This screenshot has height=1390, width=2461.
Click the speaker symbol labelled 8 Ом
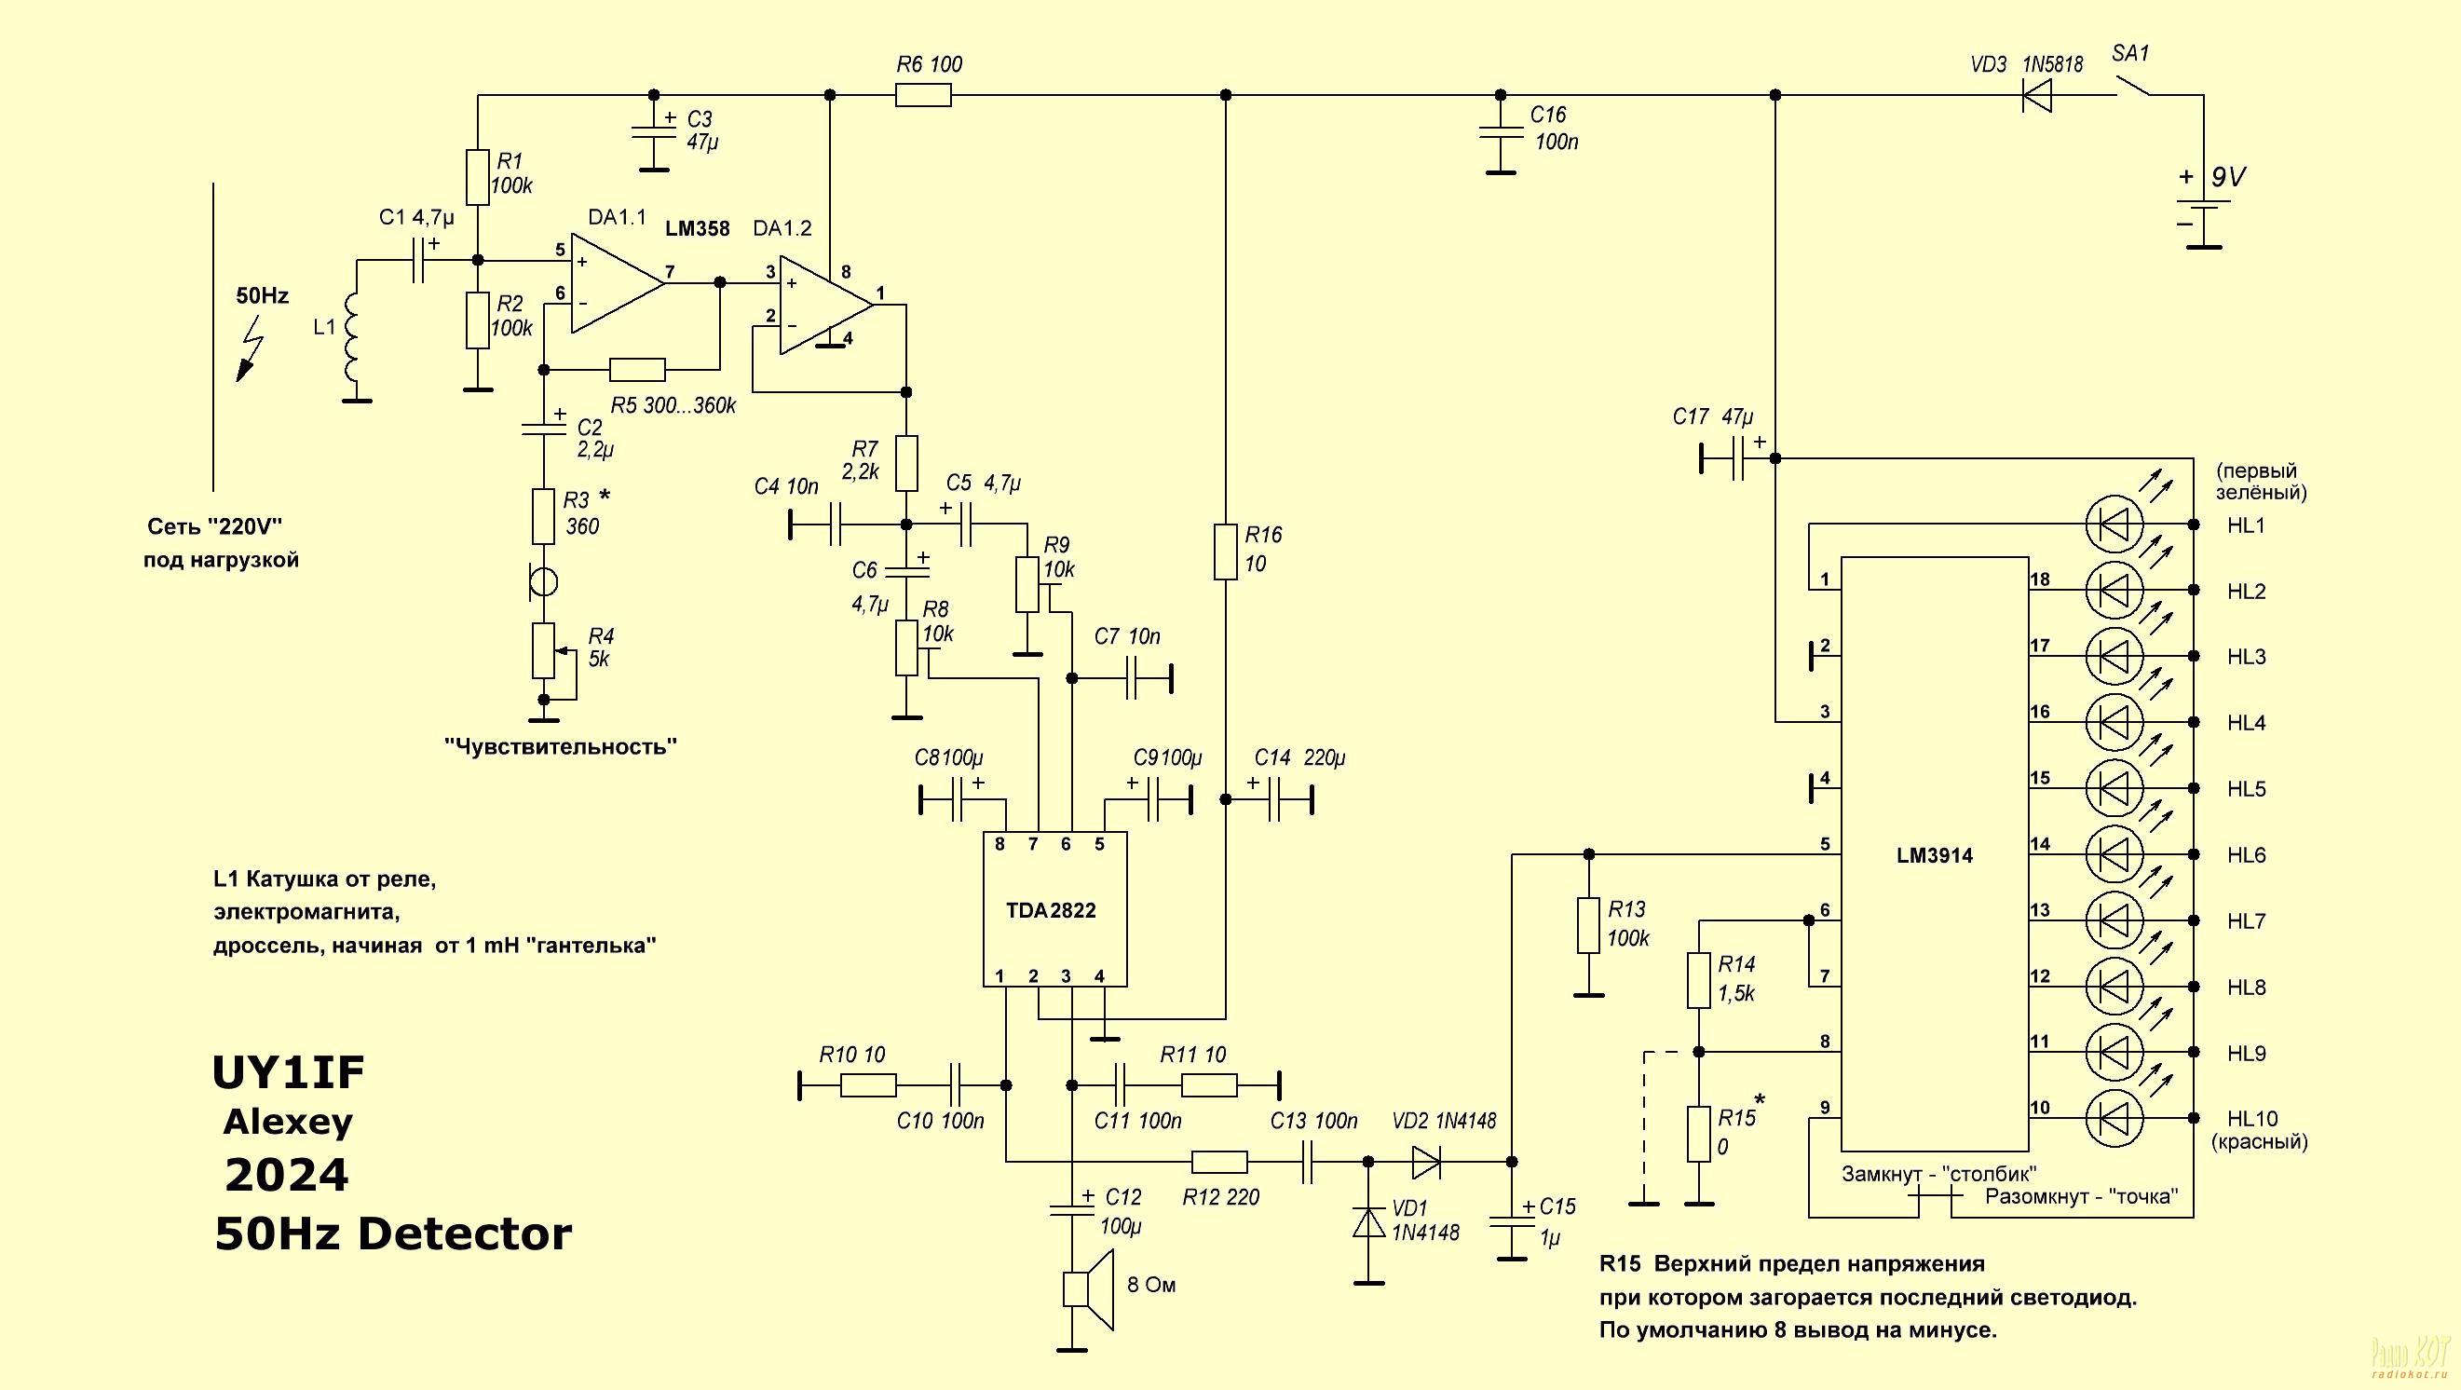pos(1088,1288)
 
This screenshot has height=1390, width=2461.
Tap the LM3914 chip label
pos(1935,856)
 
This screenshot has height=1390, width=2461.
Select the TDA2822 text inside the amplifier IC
pos(1051,910)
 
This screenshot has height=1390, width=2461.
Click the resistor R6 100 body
pos(923,96)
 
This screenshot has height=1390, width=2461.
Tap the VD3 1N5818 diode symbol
pos(2036,96)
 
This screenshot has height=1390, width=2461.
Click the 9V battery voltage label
pos(2229,177)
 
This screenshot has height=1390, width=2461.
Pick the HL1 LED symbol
pos(2114,525)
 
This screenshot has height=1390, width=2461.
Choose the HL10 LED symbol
pos(2114,1118)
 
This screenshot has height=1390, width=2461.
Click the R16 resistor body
pos(1226,552)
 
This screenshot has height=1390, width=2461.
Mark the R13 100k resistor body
pos(1588,925)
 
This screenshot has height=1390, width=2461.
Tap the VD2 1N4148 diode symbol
pos(1425,1162)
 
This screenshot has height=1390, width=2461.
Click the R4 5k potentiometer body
pos(543,650)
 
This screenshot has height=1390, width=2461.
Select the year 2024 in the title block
pos(287,1175)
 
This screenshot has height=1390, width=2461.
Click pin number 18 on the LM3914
pos(2040,579)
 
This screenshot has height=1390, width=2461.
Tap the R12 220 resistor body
pos(1219,1162)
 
